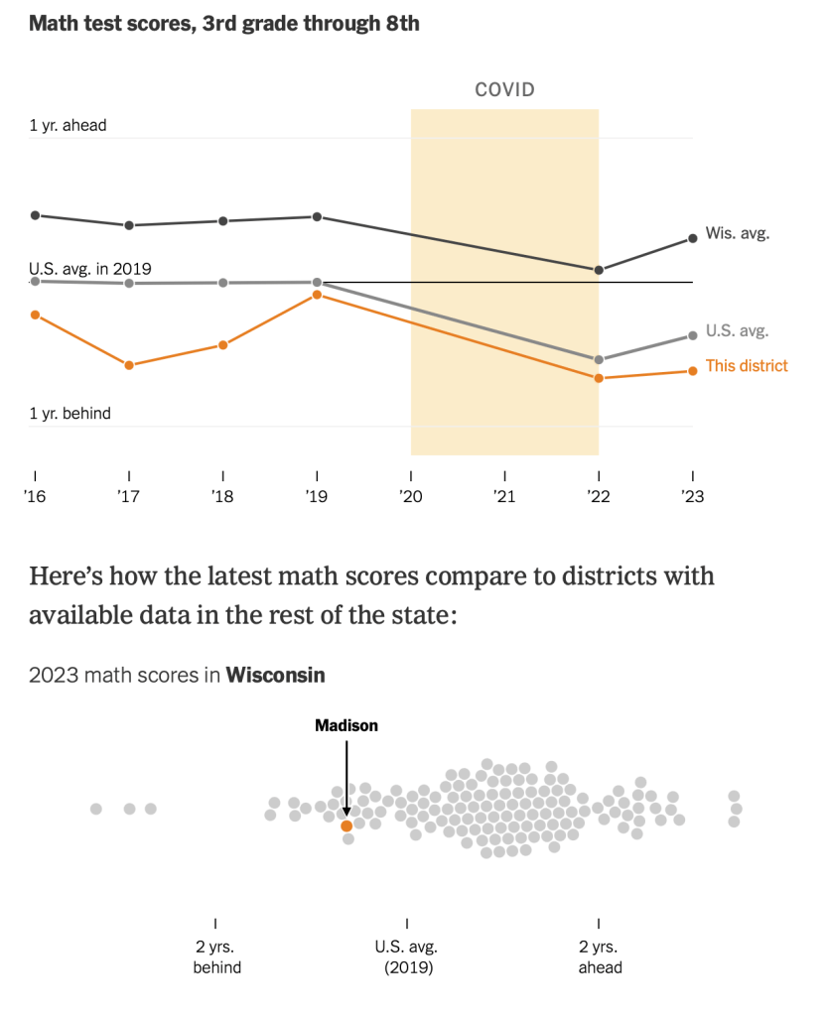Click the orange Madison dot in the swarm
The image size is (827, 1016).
click(x=345, y=825)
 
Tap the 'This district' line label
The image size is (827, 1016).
click(x=746, y=366)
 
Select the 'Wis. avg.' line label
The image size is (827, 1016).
click(x=737, y=234)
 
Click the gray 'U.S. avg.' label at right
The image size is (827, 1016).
click(x=737, y=331)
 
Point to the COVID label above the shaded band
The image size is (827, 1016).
click(x=504, y=90)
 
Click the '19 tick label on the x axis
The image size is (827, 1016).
click(x=317, y=497)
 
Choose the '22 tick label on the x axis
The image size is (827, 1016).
click(x=598, y=497)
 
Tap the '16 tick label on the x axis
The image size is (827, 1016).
click(x=35, y=497)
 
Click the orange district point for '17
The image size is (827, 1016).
click(x=129, y=365)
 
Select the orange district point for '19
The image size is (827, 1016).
click(x=317, y=295)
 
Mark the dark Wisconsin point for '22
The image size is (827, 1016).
click(x=599, y=270)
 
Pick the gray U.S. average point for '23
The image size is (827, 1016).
click(x=692, y=335)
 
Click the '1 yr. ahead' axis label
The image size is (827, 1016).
click(x=68, y=126)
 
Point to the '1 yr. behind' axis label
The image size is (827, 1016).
click(x=69, y=413)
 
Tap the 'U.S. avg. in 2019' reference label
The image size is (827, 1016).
click(x=90, y=268)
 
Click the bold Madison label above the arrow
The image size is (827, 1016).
click(x=345, y=726)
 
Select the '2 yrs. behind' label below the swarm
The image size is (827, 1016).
click(x=216, y=956)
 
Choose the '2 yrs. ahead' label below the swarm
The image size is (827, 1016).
click(x=600, y=956)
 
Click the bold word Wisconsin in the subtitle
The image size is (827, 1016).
click(x=275, y=676)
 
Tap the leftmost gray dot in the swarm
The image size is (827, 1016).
click(x=96, y=809)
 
